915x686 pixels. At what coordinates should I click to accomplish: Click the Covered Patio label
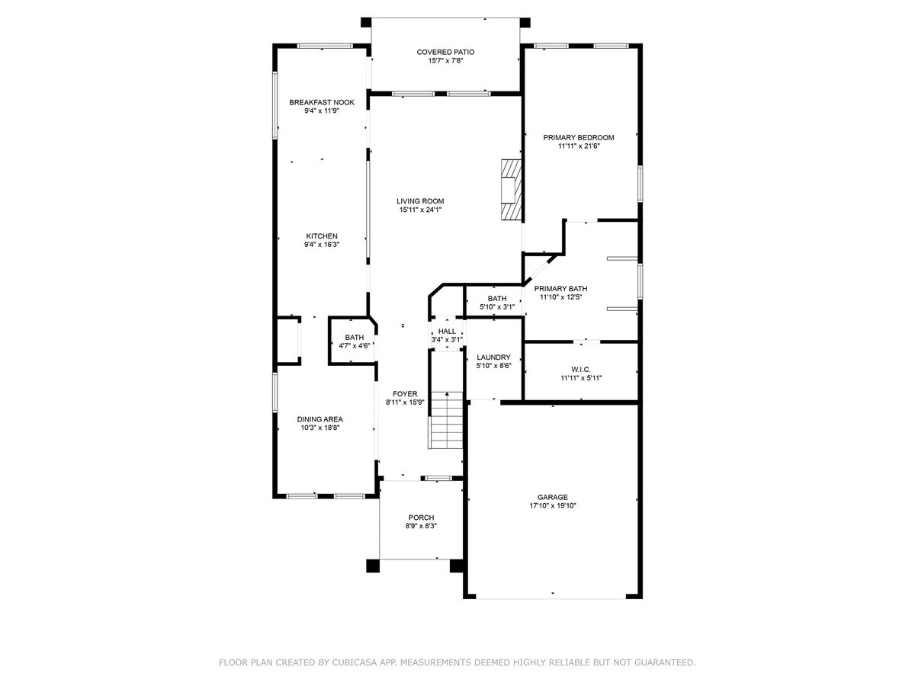click(x=445, y=52)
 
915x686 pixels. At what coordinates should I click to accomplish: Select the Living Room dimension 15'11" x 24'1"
click(x=420, y=210)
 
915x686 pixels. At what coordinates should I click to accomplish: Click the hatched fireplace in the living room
click(x=510, y=189)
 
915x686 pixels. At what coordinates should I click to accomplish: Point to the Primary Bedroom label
click(x=578, y=137)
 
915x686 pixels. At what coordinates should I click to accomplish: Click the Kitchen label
click(x=322, y=236)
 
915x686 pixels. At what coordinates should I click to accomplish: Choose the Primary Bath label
click(x=560, y=289)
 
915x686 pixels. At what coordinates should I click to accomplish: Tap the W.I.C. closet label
click(x=581, y=368)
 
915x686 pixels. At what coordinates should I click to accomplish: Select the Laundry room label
click(x=493, y=357)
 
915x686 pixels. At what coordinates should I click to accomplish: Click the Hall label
click(x=447, y=331)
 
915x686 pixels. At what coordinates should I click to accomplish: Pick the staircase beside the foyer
click(x=447, y=421)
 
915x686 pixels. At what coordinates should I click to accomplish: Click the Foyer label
click(x=404, y=393)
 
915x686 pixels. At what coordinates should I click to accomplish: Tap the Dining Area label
click(x=319, y=418)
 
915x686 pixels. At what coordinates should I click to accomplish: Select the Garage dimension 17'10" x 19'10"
click(x=554, y=505)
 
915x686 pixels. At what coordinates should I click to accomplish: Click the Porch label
click(x=421, y=517)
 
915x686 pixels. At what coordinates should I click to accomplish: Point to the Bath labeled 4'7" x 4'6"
click(x=355, y=337)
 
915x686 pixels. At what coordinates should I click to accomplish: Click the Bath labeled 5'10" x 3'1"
click(x=497, y=298)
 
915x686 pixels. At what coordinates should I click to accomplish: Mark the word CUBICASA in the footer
click(x=357, y=663)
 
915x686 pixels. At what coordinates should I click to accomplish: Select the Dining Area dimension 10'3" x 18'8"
click(x=319, y=428)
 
